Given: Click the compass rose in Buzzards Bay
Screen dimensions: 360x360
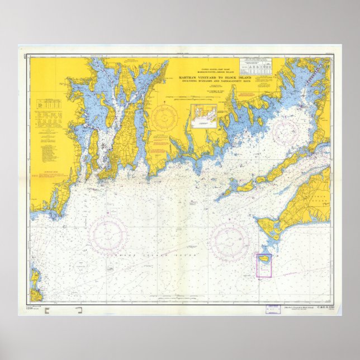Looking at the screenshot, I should click(x=288, y=132).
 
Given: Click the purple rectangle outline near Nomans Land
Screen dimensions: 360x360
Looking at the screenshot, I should click(x=264, y=265).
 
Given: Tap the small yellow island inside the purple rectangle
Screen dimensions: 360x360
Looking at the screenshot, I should click(x=264, y=261).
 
